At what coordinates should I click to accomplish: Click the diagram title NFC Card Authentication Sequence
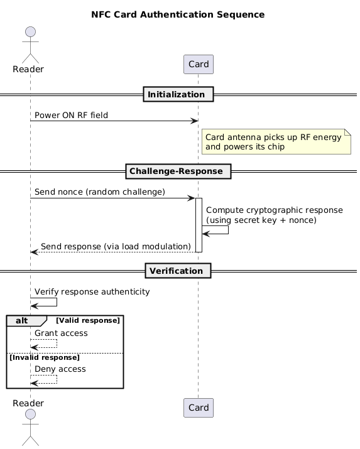coord(178,14)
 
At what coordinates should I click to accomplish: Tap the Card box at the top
coord(199,64)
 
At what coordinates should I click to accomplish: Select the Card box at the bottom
coord(199,408)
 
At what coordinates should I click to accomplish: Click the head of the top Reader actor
coord(30,32)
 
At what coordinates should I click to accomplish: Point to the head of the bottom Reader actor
coord(30,414)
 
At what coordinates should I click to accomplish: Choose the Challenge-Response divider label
coord(178,171)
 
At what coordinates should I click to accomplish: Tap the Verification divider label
coord(178,271)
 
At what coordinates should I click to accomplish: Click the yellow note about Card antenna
coord(276,141)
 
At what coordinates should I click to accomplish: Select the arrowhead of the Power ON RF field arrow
coord(195,121)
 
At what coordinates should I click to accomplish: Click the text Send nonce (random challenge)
coord(100,192)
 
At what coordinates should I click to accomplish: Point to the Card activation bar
coord(199,225)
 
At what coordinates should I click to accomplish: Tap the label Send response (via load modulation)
coord(116,247)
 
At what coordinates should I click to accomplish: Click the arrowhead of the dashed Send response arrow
coord(35,252)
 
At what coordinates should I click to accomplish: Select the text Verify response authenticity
coord(92,292)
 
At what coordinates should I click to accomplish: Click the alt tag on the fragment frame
coord(22,320)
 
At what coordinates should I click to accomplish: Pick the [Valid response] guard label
coord(88,320)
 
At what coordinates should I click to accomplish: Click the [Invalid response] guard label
coord(45,358)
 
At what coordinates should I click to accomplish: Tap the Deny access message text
coord(60,369)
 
